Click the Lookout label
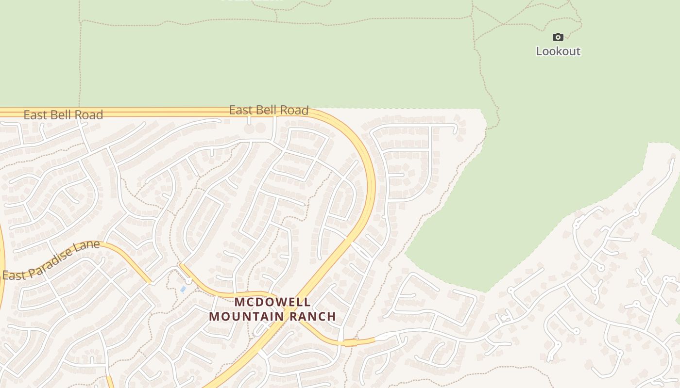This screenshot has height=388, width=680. coord(558,51)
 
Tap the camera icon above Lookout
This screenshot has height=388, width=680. coord(558,37)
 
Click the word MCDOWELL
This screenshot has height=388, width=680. coord(272,302)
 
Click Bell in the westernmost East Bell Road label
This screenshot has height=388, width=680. coord(62,115)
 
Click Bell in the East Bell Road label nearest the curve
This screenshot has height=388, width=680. coord(268,110)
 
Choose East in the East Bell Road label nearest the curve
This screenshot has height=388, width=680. coord(241,110)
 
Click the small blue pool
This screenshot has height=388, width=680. coord(183,289)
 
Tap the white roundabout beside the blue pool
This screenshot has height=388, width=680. coord(188,281)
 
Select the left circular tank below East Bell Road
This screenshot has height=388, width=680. coord(249,129)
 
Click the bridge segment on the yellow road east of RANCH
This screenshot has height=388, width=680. coord(349,342)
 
